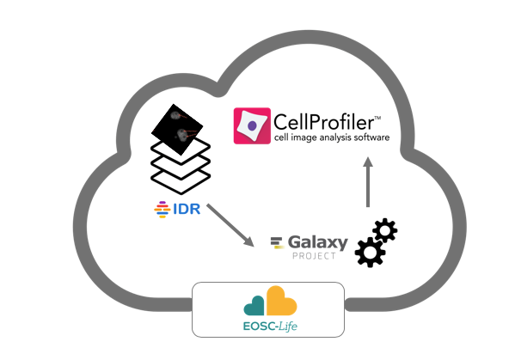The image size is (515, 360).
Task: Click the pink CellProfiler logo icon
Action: [252, 125]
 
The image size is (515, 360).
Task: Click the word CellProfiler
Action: [323, 122]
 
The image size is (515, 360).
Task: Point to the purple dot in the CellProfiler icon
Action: [252, 125]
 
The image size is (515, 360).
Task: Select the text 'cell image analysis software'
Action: [332, 137]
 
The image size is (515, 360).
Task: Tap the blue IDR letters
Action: [187, 209]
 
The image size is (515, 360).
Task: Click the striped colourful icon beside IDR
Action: [162, 210]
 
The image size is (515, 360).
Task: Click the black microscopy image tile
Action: [177, 129]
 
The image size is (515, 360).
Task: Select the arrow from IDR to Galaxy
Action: [230, 225]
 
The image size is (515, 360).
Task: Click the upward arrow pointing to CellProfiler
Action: [368, 182]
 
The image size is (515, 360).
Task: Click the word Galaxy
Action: [318, 243]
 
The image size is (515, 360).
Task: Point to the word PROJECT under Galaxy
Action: [314, 256]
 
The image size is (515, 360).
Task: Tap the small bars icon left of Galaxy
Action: [277, 242]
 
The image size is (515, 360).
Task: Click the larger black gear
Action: [371, 252]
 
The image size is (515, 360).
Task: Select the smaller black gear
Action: [385, 230]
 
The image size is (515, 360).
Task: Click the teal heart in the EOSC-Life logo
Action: [254, 306]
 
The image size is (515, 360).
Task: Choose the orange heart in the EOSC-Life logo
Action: [281, 301]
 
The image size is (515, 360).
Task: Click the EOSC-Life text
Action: [270, 326]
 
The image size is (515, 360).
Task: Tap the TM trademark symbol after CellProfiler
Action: [377, 118]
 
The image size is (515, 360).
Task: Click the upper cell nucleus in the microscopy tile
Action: [175, 115]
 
